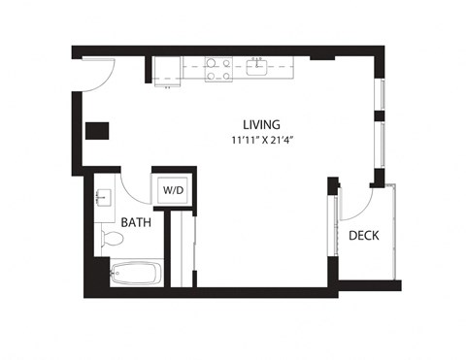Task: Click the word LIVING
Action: (262, 124)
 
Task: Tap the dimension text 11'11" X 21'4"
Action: (262, 140)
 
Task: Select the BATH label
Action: (136, 223)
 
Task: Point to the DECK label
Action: (363, 235)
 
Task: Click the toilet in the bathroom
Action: (110, 238)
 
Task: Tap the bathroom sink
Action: (104, 199)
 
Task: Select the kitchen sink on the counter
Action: (258, 67)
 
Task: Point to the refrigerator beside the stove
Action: (167, 70)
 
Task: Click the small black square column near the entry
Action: (96, 131)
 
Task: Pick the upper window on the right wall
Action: (382, 95)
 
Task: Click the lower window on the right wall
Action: (382, 147)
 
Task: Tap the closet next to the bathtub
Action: (182, 249)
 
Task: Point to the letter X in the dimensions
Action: (262, 140)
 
